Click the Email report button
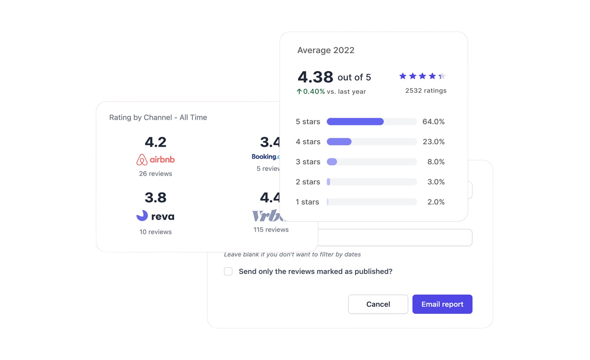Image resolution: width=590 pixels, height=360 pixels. click(x=442, y=304)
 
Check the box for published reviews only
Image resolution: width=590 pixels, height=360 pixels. click(x=228, y=271)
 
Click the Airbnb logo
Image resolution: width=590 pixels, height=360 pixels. click(x=155, y=160)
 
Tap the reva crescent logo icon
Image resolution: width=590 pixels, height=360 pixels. click(x=142, y=216)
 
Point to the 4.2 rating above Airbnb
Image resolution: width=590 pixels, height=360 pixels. click(x=155, y=142)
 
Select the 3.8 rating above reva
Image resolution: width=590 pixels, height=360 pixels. click(x=155, y=198)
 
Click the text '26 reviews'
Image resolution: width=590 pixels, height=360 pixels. click(x=155, y=174)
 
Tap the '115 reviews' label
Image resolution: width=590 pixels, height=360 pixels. click(x=271, y=230)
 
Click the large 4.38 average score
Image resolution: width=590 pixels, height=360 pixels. click(x=315, y=77)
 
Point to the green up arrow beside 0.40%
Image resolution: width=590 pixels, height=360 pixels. click(x=299, y=91)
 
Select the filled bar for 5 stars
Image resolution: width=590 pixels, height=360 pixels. click(x=355, y=122)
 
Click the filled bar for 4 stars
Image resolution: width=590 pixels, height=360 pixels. click(x=339, y=142)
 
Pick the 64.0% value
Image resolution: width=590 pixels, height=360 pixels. click(x=433, y=122)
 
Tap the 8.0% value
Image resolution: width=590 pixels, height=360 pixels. click(x=436, y=162)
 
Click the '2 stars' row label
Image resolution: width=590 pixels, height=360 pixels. click(x=308, y=182)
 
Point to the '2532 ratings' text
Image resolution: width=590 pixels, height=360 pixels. click(x=426, y=91)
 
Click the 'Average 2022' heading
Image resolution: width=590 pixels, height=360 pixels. click(x=326, y=50)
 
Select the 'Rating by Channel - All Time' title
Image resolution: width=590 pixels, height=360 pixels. click(x=158, y=117)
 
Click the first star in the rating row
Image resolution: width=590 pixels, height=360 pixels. click(x=403, y=76)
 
